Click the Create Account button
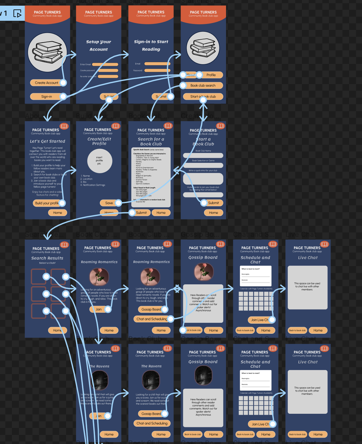(x=46, y=83)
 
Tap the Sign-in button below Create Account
(x=46, y=97)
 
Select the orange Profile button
(x=211, y=75)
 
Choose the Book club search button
(x=203, y=85)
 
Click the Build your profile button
(x=47, y=203)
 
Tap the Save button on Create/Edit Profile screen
(x=109, y=203)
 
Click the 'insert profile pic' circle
(x=99, y=161)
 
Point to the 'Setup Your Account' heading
(x=99, y=45)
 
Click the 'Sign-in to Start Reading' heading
(x=151, y=45)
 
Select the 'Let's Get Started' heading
(x=48, y=141)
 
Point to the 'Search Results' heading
(x=47, y=258)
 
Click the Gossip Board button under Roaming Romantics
(x=151, y=310)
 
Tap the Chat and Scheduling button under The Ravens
(x=152, y=424)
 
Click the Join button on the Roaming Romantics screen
(x=99, y=310)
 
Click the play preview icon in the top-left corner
(x=17, y=14)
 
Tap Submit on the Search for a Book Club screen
(x=141, y=213)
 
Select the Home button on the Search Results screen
(x=57, y=330)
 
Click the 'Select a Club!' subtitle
(x=47, y=263)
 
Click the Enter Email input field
(x=105, y=65)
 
